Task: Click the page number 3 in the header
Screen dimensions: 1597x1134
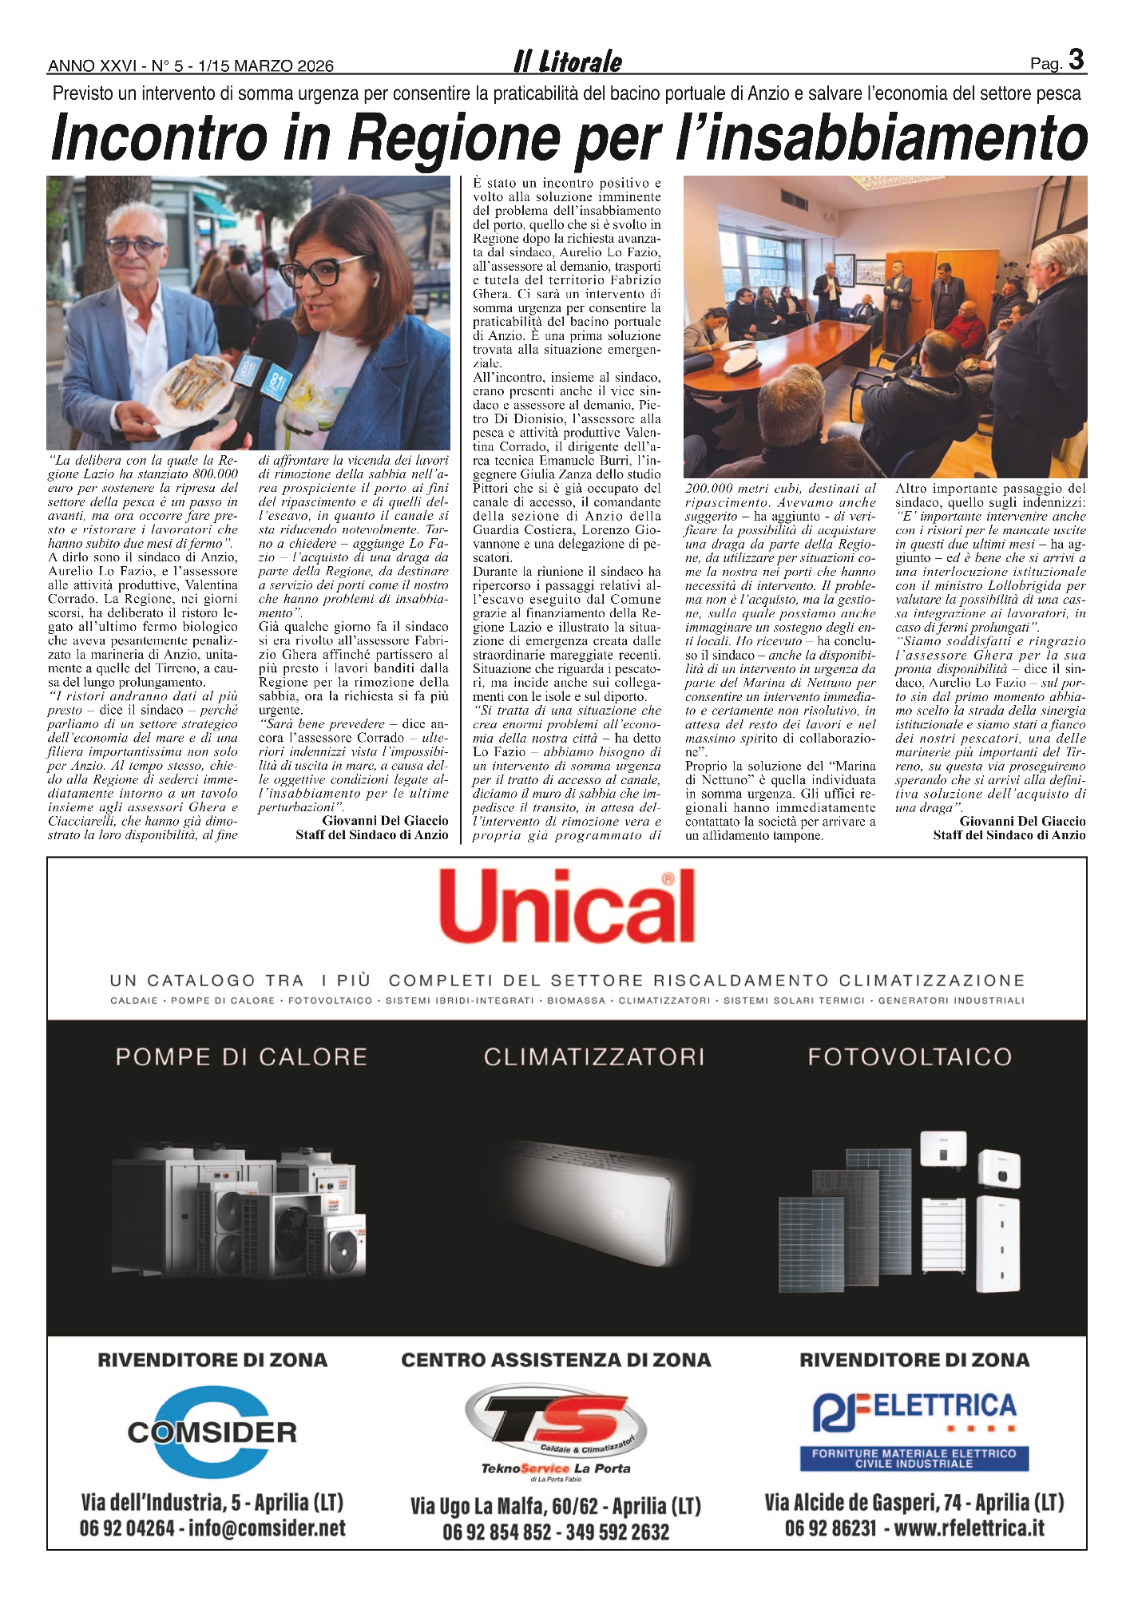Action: click(1076, 61)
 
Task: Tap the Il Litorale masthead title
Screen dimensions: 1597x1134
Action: click(568, 61)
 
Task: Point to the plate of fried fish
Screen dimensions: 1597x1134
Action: click(196, 384)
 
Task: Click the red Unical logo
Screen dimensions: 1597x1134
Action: click(567, 907)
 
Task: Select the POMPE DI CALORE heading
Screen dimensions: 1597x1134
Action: click(241, 1057)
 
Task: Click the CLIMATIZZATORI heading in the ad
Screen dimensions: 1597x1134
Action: click(594, 1057)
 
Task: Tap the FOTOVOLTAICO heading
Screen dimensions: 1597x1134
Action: click(910, 1057)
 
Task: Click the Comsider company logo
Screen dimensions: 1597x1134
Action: click(212, 1432)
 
